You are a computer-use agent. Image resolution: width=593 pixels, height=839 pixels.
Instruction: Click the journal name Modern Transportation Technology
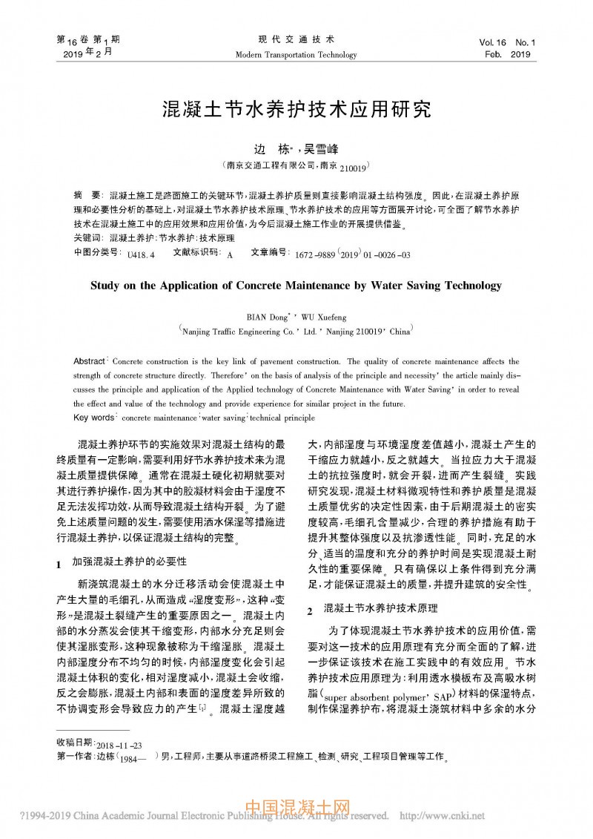click(296, 55)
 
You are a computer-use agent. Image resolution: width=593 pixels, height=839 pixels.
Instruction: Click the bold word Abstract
click(90, 361)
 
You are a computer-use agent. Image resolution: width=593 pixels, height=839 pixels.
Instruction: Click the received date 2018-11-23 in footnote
click(120, 743)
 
